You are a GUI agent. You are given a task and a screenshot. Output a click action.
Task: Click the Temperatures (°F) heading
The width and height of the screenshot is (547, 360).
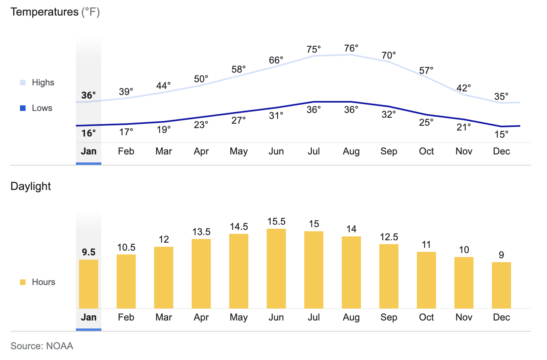coord(55,12)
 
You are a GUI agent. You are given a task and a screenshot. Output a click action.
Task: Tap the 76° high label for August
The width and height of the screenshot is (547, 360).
coord(351,48)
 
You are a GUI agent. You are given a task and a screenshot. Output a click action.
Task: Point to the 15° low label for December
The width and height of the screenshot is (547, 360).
coord(501,135)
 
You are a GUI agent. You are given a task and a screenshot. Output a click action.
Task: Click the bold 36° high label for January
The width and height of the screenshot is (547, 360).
coord(89,95)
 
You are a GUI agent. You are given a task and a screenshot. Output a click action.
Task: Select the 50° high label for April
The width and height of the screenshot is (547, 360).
coord(201,79)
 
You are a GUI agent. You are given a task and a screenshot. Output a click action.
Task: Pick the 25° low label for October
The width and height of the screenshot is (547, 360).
coord(426,123)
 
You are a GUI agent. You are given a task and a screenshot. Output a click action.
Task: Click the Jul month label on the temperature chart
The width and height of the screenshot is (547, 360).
coord(314,151)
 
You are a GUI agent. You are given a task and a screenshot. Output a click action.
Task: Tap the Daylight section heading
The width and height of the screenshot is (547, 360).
coord(31,186)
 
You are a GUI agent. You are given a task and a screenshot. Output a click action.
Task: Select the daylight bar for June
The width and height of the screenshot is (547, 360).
coord(276,268)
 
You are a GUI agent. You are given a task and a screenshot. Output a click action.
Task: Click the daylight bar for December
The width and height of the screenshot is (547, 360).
coord(501,285)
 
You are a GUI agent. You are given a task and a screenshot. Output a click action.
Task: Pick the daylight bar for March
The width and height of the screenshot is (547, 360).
coord(164,277)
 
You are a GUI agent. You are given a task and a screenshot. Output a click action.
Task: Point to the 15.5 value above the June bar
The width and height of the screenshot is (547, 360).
coord(276,222)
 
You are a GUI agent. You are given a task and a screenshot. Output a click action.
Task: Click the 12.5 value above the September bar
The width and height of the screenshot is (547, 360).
coord(389,237)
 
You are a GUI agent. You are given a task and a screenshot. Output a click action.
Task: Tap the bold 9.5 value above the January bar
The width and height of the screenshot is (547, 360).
coord(89,252)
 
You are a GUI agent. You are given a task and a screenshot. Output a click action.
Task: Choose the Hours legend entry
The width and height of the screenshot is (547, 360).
coord(43,282)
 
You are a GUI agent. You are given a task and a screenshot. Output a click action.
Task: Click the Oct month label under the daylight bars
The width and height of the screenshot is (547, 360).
coord(426,317)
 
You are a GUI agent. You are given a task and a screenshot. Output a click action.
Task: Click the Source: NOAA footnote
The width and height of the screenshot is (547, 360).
coord(42,346)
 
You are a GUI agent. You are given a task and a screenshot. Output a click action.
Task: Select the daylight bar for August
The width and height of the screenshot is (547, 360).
coord(351,272)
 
